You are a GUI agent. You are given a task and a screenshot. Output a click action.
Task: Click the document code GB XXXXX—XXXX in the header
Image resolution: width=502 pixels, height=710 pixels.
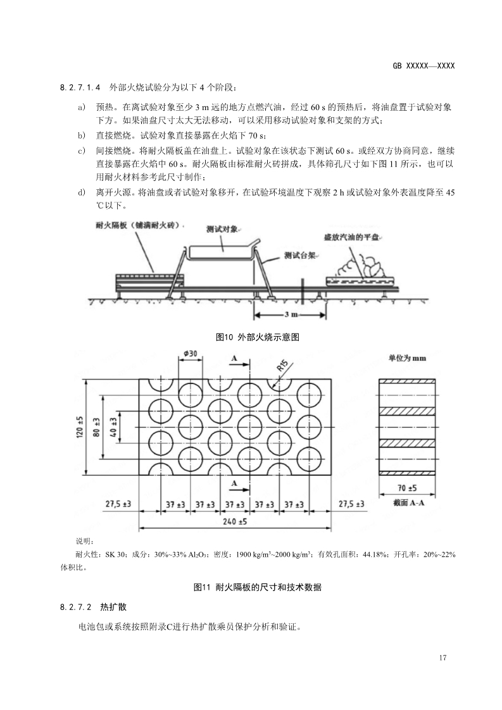424,66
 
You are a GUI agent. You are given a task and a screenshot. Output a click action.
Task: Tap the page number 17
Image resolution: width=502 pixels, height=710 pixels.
442,658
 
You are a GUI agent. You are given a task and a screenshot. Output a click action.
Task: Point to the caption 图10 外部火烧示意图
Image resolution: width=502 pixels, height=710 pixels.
257,337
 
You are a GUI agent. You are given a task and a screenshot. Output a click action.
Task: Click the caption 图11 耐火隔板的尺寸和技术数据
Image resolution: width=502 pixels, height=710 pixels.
258,587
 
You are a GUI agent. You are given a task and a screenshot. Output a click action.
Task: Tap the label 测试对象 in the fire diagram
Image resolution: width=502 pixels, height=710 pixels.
222,229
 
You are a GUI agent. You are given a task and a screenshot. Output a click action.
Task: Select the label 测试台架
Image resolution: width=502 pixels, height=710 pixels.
299,256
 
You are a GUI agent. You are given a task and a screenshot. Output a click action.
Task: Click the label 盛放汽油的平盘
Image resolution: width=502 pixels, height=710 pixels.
351,237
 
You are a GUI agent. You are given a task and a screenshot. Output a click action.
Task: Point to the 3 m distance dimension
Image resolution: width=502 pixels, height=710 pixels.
291,315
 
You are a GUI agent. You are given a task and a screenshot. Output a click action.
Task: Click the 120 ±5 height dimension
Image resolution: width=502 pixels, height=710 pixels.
80,428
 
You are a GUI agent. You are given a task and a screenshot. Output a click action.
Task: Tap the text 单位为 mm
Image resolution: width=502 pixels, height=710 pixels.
407,358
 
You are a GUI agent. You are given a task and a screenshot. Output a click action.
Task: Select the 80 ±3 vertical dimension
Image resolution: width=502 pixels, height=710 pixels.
97,428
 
